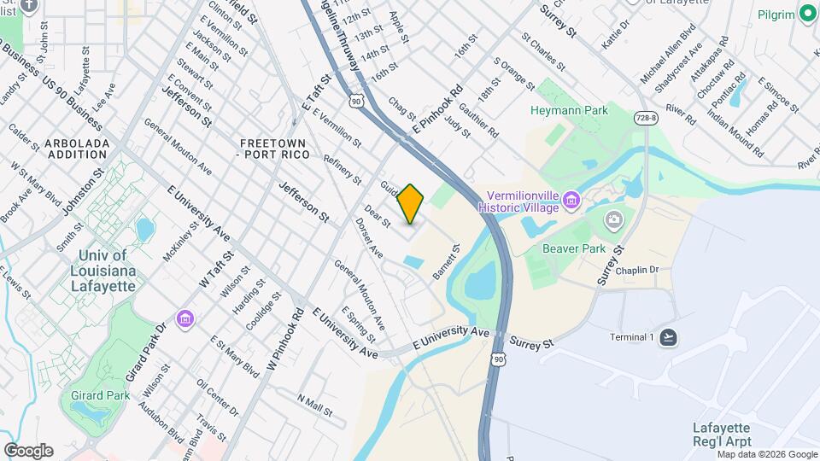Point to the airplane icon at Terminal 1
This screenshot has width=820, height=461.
point(668,337)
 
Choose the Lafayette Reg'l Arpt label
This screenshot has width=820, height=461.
point(721,434)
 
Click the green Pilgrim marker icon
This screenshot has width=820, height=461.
point(807,14)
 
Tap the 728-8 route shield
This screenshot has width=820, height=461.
point(646,117)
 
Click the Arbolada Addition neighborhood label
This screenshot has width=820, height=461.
point(78,148)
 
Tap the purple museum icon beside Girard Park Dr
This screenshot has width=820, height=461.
point(185,319)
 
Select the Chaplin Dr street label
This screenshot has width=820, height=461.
point(637,270)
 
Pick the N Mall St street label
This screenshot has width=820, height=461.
point(315,406)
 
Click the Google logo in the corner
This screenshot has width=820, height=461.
point(28,450)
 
